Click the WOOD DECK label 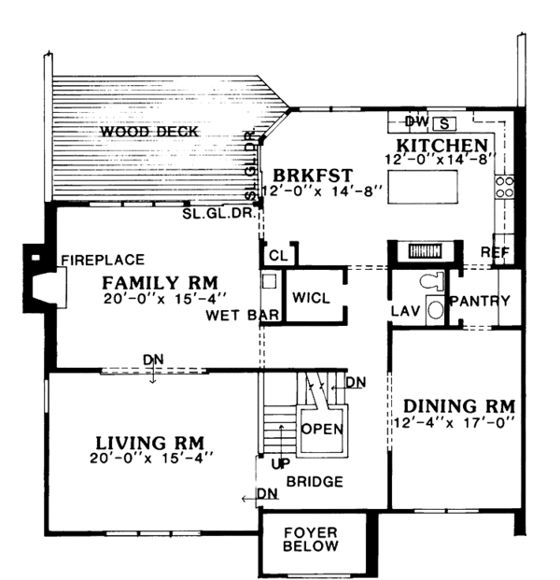click(149, 132)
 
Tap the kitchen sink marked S click(444, 124)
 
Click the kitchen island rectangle click(423, 187)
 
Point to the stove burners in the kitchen click(505, 187)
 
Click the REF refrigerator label click(495, 252)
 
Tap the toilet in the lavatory click(432, 281)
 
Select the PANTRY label click(480, 301)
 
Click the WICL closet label click(311, 298)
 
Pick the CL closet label click(278, 255)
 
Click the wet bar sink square click(269, 281)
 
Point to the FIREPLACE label click(103, 260)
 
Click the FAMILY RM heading click(160, 283)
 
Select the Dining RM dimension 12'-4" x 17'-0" click(453, 422)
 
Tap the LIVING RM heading click(149, 443)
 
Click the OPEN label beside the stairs click(322, 429)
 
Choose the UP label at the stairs click(281, 464)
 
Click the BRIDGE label click(315, 482)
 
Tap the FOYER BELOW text click(311, 539)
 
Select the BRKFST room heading click(313, 176)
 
